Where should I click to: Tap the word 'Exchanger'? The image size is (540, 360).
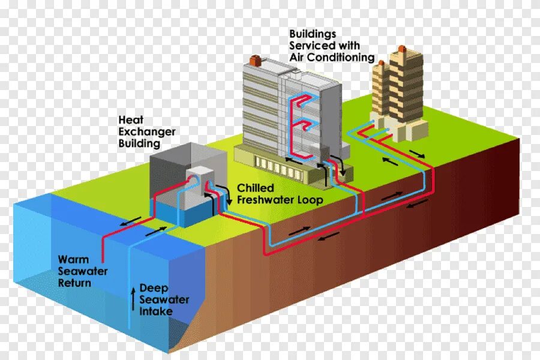[147, 131]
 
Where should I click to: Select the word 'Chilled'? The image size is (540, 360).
[256, 188]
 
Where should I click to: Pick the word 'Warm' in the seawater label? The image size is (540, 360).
[73, 260]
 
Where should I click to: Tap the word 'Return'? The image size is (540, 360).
[74, 283]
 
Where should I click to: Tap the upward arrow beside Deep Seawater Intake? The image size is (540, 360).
[133, 299]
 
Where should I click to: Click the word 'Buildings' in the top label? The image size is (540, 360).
[313, 34]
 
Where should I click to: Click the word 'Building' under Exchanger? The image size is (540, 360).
[139, 143]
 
